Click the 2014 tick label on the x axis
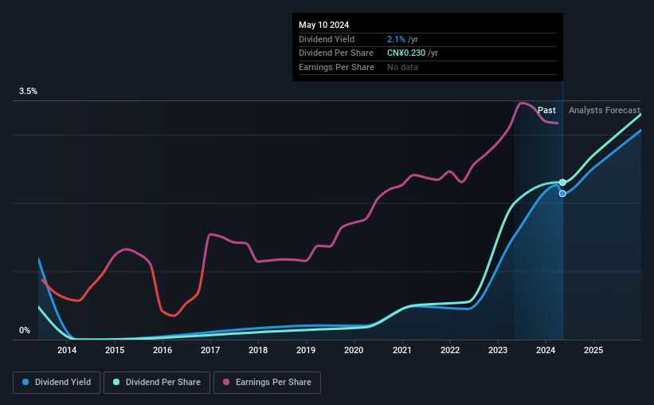[x=66, y=350]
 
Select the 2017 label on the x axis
[x=210, y=350]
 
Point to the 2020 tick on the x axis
[x=354, y=350]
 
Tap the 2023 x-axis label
[x=498, y=350]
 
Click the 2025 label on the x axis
[x=593, y=350]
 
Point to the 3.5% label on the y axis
[x=28, y=92]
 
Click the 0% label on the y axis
[x=25, y=330]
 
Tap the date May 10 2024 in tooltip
[x=323, y=25]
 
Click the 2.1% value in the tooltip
[x=396, y=39]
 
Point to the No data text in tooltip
[x=402, y=67]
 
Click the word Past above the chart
[x=546, y=110]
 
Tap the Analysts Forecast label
[x=604, y=110]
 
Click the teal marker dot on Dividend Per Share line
[x=562, y=183]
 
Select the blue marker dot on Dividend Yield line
[x=562, y=194]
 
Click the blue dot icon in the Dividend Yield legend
[x=26, y=383]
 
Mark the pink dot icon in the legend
[x=226, y=383]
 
